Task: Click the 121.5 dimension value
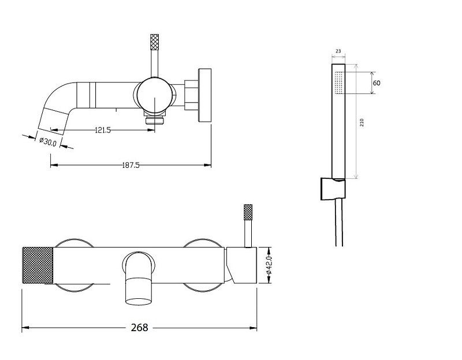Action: [103, 130]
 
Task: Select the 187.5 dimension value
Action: [131, 165]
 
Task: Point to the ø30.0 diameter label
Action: [48, 141]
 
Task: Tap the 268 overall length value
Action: [139, 327]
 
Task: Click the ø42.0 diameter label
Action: [269, 265]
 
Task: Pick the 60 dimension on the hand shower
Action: [377, 83]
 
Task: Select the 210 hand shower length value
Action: [362, 122]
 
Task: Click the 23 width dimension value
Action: [338, 51]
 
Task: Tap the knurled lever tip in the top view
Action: [154, 42]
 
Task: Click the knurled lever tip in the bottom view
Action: [248, 212]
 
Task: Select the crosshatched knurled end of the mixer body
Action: [38, 265]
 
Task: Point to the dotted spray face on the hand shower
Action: [340, 82]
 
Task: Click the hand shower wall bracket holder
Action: [333, 189]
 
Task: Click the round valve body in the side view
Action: [154, 95]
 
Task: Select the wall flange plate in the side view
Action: [205, 95]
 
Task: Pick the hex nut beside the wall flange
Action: [192, 95]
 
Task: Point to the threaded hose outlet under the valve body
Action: [154, 120]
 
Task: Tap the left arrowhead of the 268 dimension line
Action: [25, 328]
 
